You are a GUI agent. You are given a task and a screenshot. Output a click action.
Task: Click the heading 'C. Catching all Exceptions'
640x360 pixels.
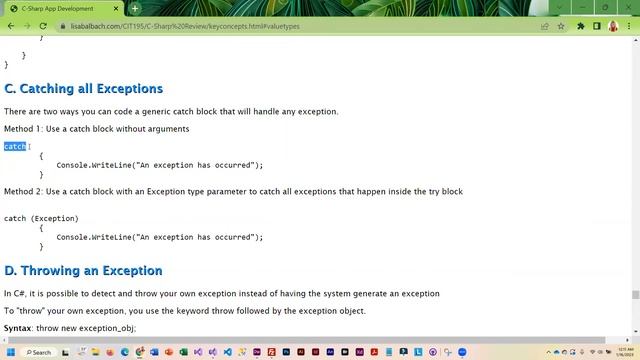point(83,89)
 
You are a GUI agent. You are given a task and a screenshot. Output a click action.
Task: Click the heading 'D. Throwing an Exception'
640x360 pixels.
point(83,271)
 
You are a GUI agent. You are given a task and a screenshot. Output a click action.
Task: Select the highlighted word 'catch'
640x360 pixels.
point(15,147)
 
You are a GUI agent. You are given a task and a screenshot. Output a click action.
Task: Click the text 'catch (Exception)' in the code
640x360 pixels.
point(41,218)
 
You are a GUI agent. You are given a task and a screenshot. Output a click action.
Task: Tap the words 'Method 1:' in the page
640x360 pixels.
point(23,129)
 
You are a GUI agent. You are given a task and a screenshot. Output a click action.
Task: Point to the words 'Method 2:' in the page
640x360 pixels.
point(23,191)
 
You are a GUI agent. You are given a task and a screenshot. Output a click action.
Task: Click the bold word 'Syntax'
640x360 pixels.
point(18,328)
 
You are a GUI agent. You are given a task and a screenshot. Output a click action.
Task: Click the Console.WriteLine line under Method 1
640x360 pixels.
point(159,165)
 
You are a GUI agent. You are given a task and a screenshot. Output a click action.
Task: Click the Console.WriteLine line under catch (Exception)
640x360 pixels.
point(159,237)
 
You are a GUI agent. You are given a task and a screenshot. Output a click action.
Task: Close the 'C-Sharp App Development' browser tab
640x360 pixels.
point(118,8)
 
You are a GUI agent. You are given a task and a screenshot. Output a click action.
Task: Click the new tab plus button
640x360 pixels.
point(135,8)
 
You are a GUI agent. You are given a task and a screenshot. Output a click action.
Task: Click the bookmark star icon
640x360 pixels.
point(561,26)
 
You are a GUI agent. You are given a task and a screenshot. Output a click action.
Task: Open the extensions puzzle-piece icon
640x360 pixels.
point(582,26)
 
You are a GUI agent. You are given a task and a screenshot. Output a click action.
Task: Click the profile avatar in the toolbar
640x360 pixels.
point(613,26)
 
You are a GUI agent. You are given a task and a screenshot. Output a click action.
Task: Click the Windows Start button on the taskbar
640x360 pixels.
point(10,352)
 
